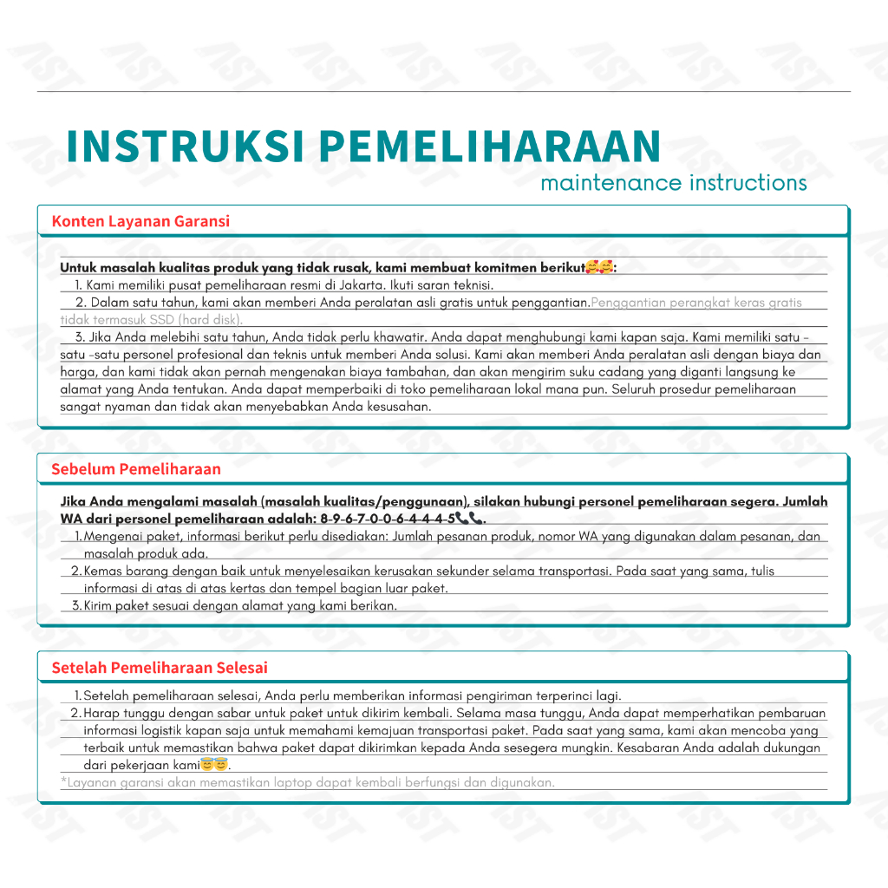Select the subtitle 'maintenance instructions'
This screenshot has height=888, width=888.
click(x=673, y=183)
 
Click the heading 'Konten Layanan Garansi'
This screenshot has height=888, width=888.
click(x=140, y=221)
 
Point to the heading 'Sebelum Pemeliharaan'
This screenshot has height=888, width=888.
click(x=136, y=469)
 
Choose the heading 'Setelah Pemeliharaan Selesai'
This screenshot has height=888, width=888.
click(x=160, y=668)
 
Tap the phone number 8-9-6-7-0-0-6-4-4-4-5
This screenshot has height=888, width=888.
click(x=388, y=519)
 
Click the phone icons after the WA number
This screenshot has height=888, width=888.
click(x=469, y=519)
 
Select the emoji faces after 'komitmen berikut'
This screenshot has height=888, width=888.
click(x=599, y=268)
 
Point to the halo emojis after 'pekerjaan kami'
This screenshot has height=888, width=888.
click(x=213, y=765)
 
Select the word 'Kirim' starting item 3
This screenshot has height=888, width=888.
click(x=98, y=606)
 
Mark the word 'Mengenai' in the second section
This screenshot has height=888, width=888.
click(x=109, y=537)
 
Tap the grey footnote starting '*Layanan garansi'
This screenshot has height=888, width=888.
click(x=308, y=783)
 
